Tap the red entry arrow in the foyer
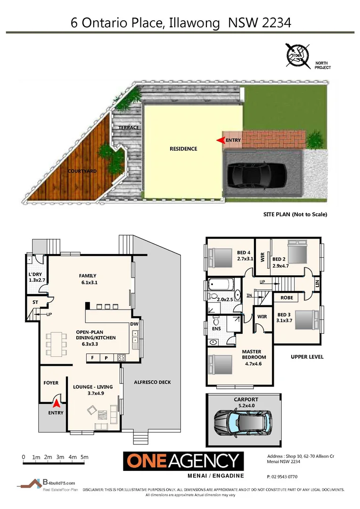(x=56, y=403)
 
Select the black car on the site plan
(x=256, y=175)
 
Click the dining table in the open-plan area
(x=56, y=345)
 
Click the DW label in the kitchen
(x=135, y=324)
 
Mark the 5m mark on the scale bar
(x=84, y=457)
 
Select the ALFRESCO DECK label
(x=152, y=382)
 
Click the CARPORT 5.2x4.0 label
(x=245, y=402)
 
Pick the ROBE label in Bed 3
(x=287, y=298)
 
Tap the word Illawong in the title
(x=198, y=22)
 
